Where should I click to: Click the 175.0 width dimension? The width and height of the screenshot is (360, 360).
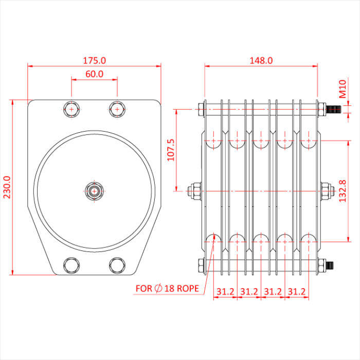point(94,60)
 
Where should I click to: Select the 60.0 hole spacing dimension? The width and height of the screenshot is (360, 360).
point(94,74)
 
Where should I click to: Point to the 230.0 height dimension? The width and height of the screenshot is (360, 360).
point(7,187)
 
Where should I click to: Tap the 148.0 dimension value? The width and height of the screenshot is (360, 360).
point(261,60)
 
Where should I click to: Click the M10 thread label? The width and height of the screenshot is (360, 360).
point(343,88)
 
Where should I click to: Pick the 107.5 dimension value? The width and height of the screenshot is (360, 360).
point(171,150)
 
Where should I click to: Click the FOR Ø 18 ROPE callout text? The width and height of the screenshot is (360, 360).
point(167,289)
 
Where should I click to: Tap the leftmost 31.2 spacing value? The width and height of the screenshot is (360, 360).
point(225,292)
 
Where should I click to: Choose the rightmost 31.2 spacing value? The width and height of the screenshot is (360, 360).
point(296,292)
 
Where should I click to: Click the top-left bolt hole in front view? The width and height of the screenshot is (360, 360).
point(71,109)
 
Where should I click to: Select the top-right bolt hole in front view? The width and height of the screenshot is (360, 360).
point(117,109)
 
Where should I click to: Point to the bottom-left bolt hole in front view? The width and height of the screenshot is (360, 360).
point(71,265)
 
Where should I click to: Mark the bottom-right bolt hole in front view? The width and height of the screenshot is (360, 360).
point(117,265)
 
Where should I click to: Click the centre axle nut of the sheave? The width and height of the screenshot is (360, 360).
point(94,191)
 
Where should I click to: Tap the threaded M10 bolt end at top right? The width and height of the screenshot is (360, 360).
point(334,109)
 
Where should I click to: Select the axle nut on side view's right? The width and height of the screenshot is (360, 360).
point(326,191)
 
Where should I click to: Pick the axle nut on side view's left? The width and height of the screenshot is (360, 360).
point(195,191)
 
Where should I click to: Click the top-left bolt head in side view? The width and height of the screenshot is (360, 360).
point(201,109)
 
